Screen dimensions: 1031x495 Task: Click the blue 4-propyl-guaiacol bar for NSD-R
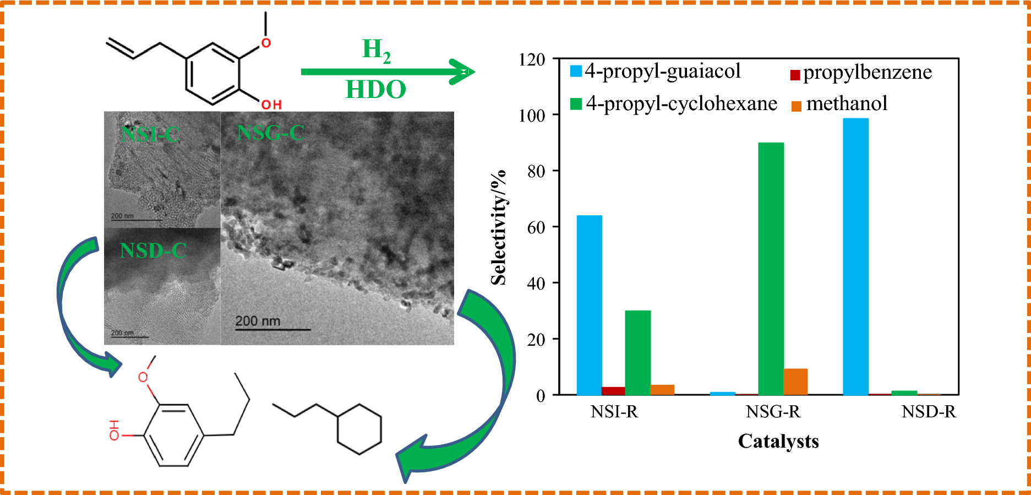click(855, 257)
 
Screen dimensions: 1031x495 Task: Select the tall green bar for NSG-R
click(771, 269)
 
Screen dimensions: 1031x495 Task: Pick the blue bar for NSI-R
click(589, 305)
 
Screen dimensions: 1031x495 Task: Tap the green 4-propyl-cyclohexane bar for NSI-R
click(637, 352)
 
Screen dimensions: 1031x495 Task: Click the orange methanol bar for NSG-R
click(795, 382)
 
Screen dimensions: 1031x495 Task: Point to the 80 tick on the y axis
click(536, 171)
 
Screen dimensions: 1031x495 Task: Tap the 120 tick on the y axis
click(532, 59)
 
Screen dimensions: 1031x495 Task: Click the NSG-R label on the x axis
click(773, 412)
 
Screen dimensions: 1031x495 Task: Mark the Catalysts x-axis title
click(778, 441)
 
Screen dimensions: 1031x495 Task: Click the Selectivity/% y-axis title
click(498, 227)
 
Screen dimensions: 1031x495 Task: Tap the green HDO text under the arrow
click(375, 89)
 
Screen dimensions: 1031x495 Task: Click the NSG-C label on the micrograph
click(270, 133)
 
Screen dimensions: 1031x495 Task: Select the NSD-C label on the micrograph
click(153, 251)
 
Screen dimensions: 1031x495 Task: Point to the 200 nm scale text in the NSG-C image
click(258, 320)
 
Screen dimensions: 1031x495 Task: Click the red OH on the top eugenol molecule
click(271, 105)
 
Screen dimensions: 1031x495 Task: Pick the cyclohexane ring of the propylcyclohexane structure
click(359, 429)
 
